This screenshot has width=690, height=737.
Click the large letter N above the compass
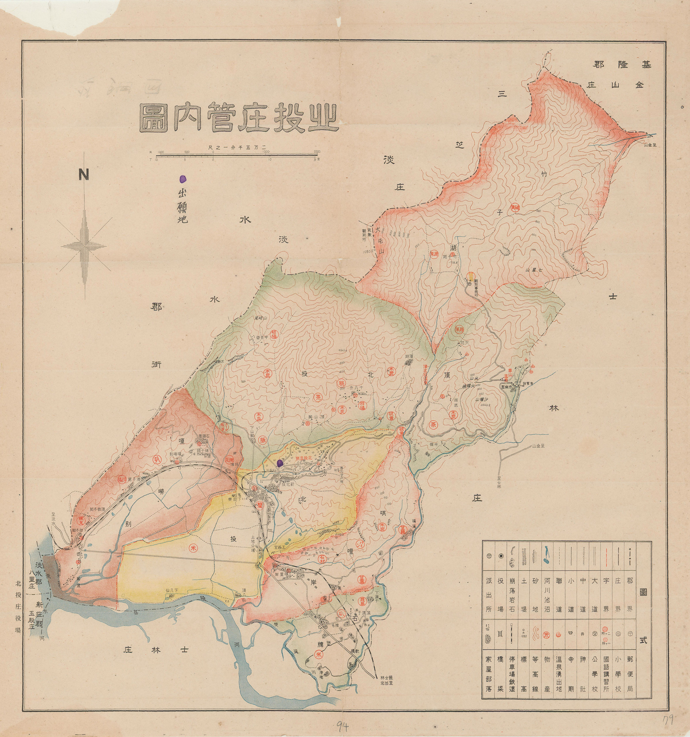click(x=84, y=174)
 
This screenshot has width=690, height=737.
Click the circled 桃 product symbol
click(x=342, y=383)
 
